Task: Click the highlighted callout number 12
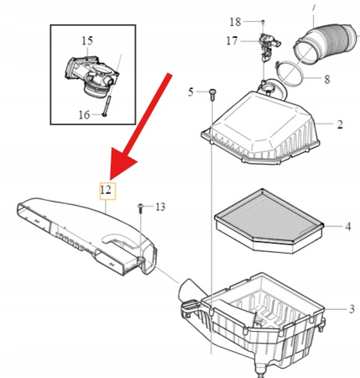(x=107, y=191)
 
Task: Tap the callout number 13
(x=160, y=207)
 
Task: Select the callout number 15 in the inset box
(x=87, y=41)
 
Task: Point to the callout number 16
(x=84, y=115)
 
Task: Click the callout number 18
(x=235, y=22)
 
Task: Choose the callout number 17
(x=232, y=41)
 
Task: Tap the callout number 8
(x=327, y=79)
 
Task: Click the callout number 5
(x=190, y=92)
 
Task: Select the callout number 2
(x=340, y=124)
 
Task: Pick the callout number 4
(x=348, y=226)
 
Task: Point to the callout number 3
(x=352, y=309)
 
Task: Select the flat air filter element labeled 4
(x=269, y=221)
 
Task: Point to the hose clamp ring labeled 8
(x=290, y=74)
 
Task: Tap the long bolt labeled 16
(x=107, y=106)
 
